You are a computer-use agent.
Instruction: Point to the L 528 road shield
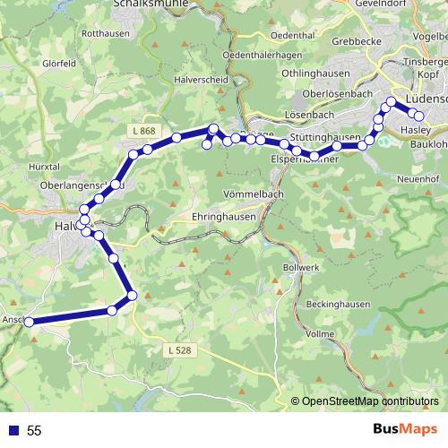pos(177,349)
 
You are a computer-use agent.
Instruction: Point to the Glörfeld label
pos(57,64)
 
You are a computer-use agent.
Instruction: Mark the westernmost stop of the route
pos(29,322)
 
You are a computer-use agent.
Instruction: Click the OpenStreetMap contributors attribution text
pos(368,401)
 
